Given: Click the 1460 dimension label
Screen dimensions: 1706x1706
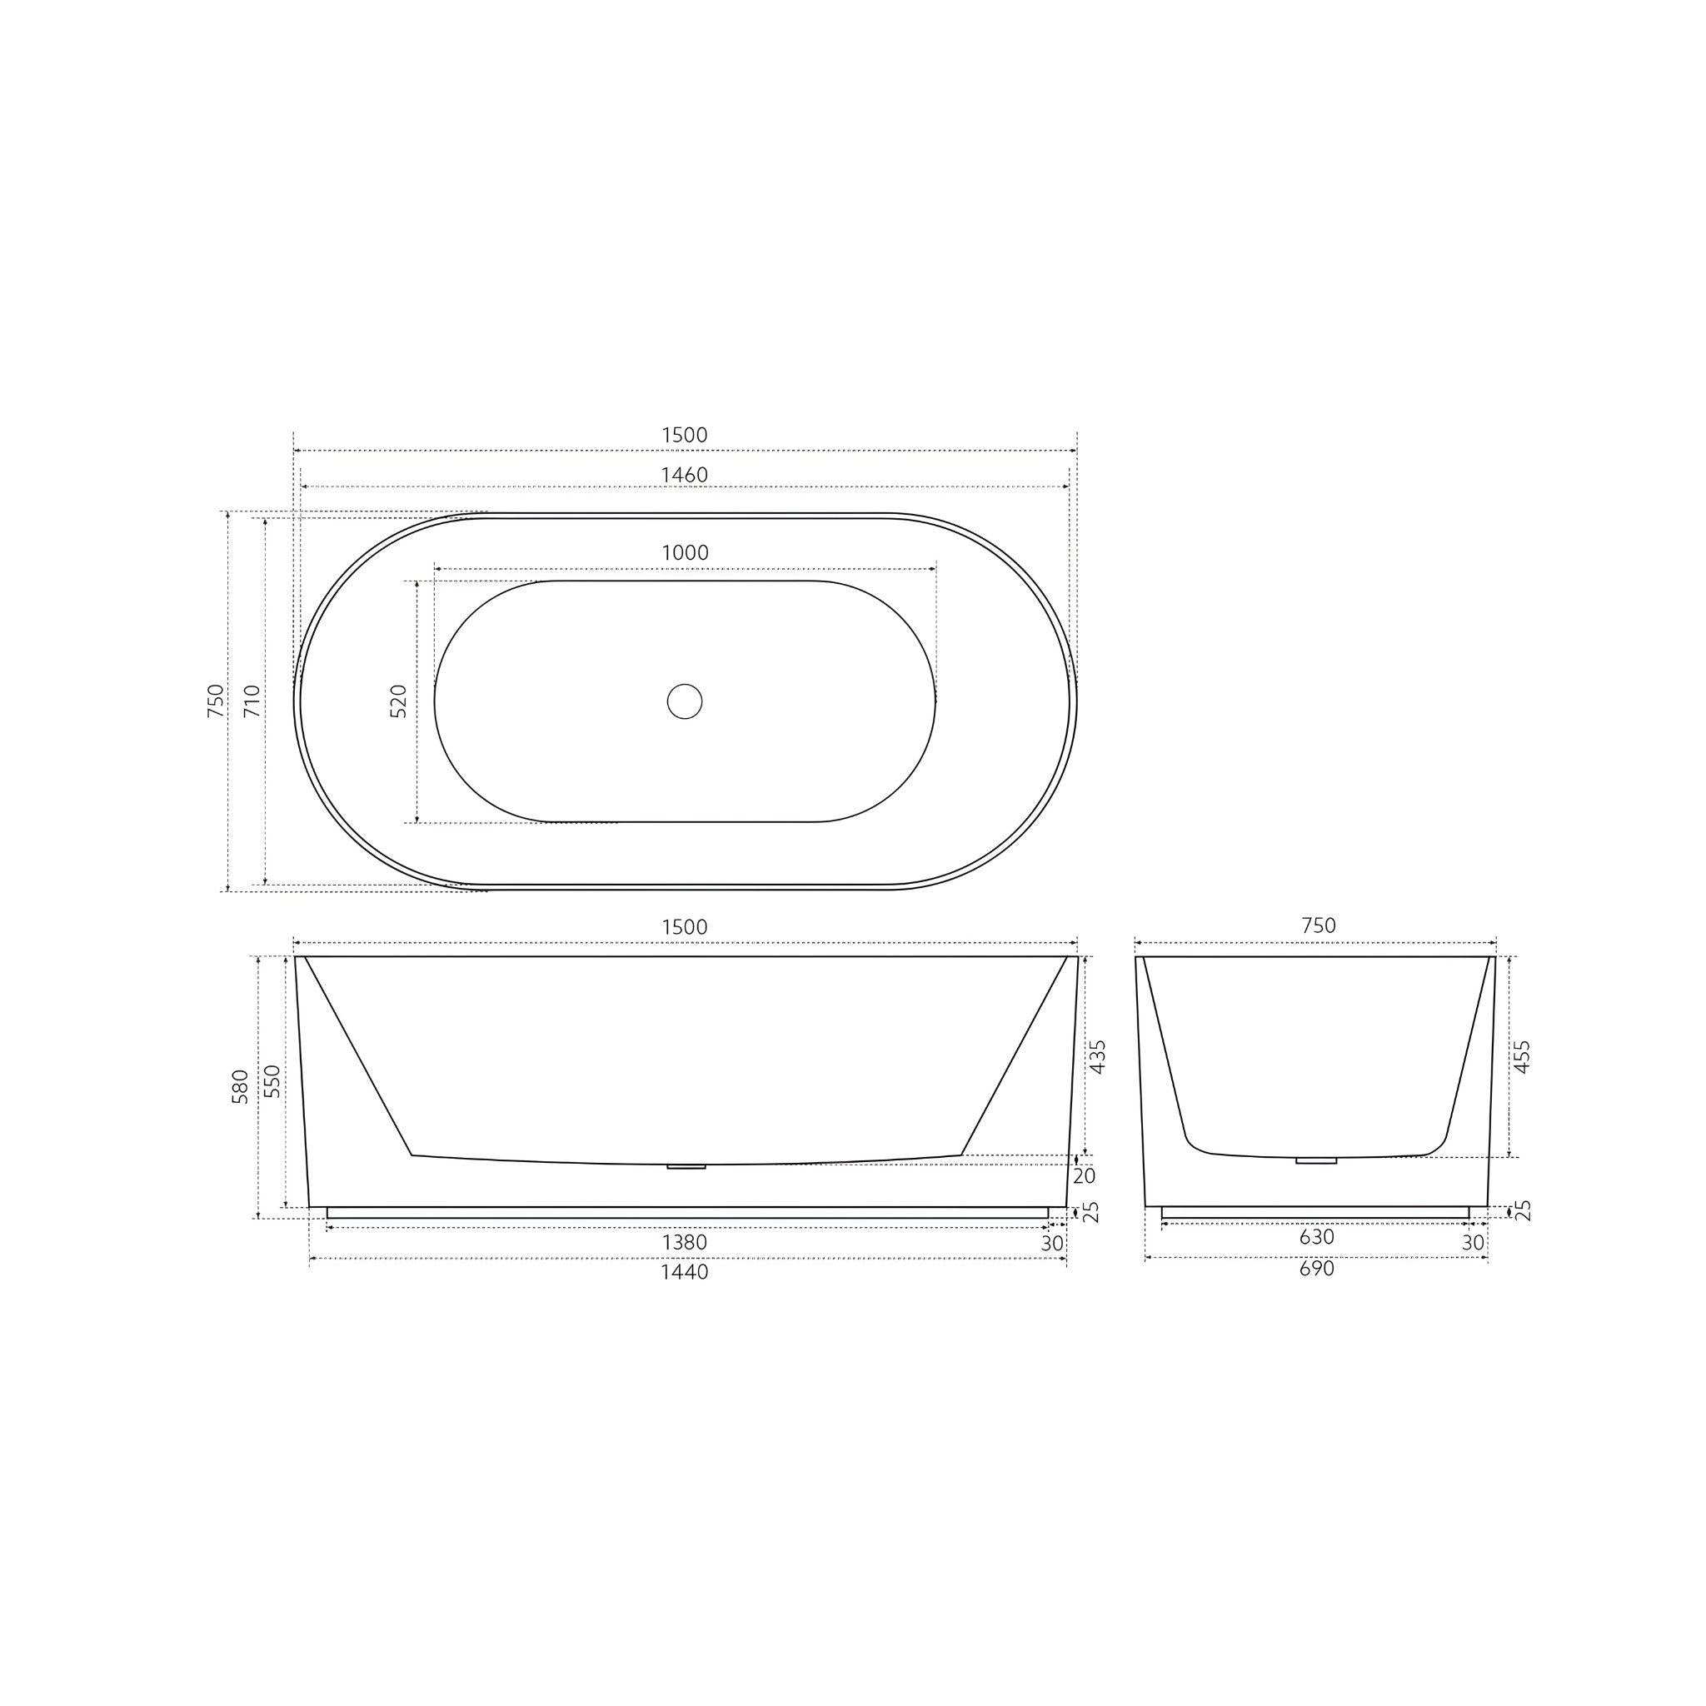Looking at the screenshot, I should coord(685,475).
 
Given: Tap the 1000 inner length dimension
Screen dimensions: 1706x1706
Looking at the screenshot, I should coord(686,553).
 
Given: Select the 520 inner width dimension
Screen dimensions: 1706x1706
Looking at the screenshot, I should coord(399,701).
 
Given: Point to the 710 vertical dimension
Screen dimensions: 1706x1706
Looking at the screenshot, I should coord(252,701).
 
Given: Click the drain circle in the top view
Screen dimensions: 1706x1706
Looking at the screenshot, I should coord(685,701).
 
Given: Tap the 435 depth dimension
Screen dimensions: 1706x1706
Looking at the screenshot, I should coord(1098,1056).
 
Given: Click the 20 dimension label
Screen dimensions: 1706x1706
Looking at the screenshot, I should coord(1084,1176).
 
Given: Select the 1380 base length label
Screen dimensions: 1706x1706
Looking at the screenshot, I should coord(685,1242).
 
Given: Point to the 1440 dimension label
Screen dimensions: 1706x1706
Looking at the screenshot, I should coord(685,1273).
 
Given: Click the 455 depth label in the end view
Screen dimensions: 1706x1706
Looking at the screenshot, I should coord(1521,1056).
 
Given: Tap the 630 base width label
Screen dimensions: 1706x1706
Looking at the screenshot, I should coord(1317,1237).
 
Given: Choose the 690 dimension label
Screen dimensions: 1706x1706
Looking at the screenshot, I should coord(1317,1269).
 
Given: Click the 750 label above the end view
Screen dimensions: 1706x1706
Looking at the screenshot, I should coord(1319,925).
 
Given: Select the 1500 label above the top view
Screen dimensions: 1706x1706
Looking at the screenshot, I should coord(685,436).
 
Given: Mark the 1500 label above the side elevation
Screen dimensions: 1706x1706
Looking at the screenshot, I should coord(685,927).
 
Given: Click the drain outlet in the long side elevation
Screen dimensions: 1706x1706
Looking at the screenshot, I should coord(686,1166).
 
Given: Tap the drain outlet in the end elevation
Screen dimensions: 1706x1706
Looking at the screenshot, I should coord(1317,1161).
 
